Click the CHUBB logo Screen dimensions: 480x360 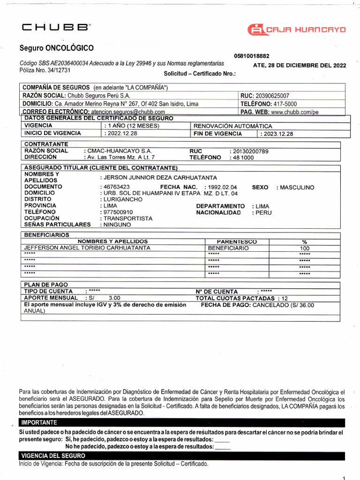[56, 28]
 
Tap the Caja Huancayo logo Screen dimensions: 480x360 [297, 30]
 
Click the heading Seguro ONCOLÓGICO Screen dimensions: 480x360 [56, 48]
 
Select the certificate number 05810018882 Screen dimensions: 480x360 [251, 56]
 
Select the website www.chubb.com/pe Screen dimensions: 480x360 [295, 112]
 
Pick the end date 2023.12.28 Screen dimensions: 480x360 [277, 134]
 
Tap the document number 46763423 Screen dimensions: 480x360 [117, 187]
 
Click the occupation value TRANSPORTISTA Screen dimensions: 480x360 [128, 218]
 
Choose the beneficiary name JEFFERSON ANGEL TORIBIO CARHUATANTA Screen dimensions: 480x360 [87, 247]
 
